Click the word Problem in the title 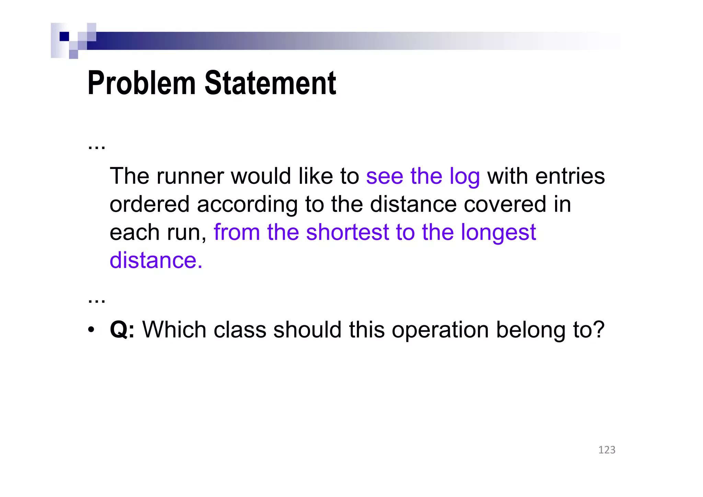point(141,83)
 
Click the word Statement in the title point(270,83)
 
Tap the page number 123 point(607,450)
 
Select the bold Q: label point(122,330)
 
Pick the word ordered point(149,204)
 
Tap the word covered point(504,204)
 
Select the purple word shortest point(347,232)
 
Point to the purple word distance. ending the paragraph point(156,260)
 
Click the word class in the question point(240,330)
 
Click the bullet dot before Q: point(91,330)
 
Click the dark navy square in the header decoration point(64,36)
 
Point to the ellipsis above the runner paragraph point(96,147)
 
